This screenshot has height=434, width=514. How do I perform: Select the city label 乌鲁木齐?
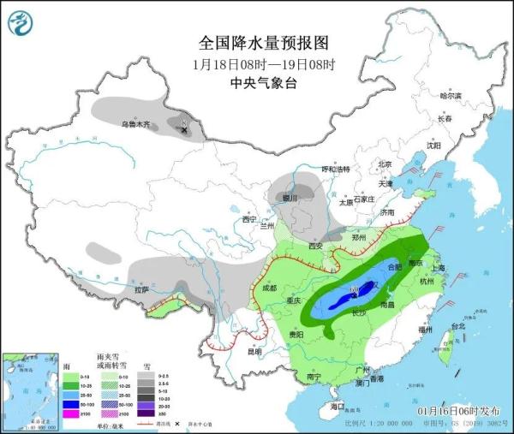[x=134, y=125]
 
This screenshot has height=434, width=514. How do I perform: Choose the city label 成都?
[x=270, y=288]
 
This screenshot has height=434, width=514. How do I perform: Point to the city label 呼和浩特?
[x=335, y=169]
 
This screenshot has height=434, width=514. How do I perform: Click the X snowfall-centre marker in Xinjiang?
[x=182, y=124]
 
